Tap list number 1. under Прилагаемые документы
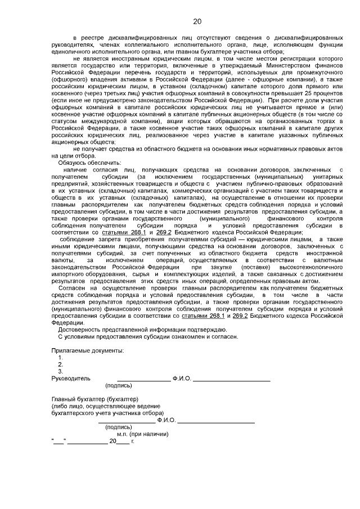tap(61, 357)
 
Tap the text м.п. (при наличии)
tap(143, 434)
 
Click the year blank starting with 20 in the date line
tap(118, 442)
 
